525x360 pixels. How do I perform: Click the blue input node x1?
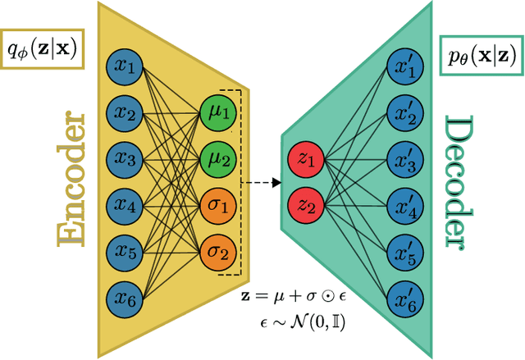pos(126,65)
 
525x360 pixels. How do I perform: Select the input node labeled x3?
pos(126,157)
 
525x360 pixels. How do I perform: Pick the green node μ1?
pos(218,110)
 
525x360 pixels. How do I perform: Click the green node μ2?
pos(218,156)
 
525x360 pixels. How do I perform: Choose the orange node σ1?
pos(218,202)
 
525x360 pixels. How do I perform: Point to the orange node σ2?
pos(218,248)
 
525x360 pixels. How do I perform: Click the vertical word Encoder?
pos(72,181)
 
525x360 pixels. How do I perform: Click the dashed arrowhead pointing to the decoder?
pos(276,183)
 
